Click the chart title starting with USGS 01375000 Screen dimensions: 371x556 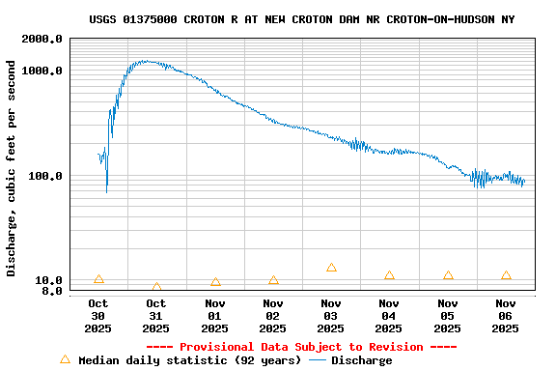click(301, 19)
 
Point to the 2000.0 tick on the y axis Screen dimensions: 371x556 click(43, 39)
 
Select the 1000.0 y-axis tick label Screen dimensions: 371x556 click(43, 71)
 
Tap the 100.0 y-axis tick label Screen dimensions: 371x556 click(46, 176)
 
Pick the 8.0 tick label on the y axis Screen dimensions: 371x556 click(53, 291)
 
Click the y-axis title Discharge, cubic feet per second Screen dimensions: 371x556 click(12, 168)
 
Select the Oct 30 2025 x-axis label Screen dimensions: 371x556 click(98, 315)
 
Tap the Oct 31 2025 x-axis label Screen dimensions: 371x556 click(156, 315)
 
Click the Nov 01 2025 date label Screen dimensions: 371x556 click(214, 315)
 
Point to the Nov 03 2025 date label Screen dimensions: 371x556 click(331, 315)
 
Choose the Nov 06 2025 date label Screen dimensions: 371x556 click(506, 315)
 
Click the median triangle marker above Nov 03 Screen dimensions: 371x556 click(331, 268)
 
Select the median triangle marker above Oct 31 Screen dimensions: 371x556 click(156, 287)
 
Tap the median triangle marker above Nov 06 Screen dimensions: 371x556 click(506, 275)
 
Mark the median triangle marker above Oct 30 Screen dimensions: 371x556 click(98, 279)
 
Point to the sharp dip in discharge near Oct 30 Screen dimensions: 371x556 click(106, 191)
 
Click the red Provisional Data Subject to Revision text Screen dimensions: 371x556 click(301, 347)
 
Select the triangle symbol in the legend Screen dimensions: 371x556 click(66, 359)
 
